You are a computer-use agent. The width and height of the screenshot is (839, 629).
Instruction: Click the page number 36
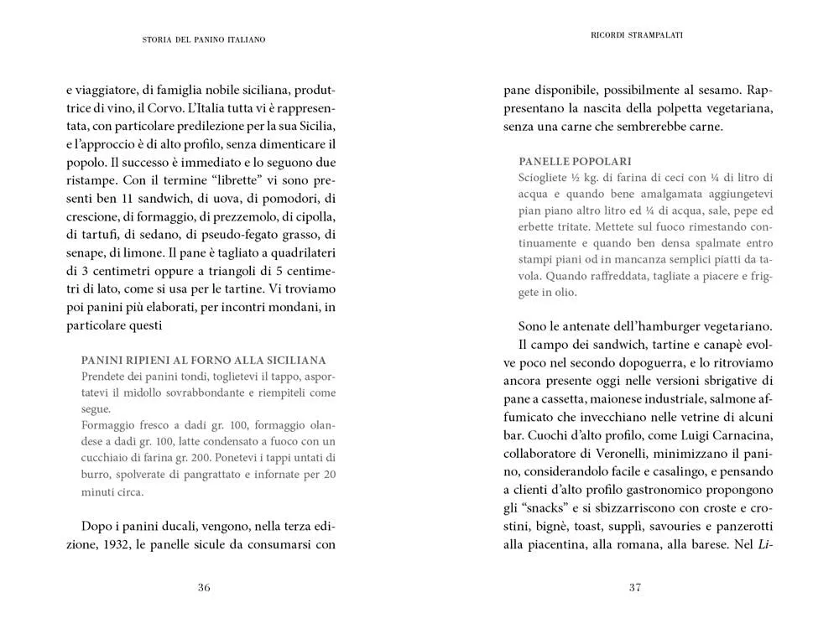[204, 587]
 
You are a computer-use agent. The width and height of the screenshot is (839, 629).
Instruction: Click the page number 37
[635, 587]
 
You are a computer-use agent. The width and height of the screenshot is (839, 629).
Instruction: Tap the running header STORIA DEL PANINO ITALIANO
[204, 39]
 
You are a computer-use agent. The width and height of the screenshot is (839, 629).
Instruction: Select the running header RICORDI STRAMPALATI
[635, 35]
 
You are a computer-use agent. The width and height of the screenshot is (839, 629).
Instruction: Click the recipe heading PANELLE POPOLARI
[575, 160]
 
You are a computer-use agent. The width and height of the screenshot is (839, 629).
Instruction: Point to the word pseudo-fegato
[243, 234]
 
